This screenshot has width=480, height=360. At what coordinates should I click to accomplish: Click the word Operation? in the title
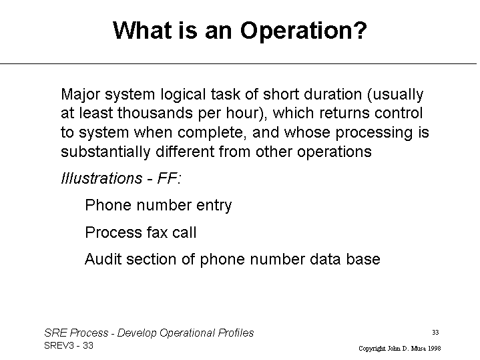[x=303, y=31]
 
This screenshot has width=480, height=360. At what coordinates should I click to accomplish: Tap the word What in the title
[x=142, y=30]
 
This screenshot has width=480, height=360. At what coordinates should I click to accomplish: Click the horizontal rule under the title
[x=238, y=63]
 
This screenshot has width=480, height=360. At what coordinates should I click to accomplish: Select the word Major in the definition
[x=81, y=94]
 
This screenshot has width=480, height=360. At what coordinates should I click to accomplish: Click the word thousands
[x=155, y=113]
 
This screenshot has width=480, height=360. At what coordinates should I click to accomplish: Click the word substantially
[x=105, y=152]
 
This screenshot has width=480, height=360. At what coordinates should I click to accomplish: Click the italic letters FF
[x=168, y=178]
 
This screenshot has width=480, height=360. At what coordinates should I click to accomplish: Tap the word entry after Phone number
[x=214, y=206]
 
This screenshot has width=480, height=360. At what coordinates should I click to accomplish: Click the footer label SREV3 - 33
[x=69, y=345]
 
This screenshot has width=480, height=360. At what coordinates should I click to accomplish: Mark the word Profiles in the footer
[x=236, y=333]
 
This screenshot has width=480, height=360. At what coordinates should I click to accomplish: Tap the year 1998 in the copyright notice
[x=435, y=349]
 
